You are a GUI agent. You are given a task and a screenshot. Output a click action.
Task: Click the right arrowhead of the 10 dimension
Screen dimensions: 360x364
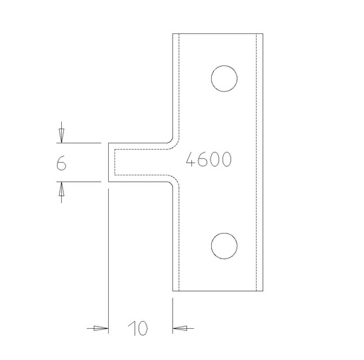point(179,328)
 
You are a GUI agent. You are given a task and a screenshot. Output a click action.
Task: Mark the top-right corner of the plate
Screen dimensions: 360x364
point(262,32)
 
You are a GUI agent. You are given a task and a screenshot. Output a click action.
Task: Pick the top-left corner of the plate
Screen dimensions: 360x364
point(173,32)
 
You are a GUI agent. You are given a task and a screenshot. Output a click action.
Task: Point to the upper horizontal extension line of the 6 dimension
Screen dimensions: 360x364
point(78,143)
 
